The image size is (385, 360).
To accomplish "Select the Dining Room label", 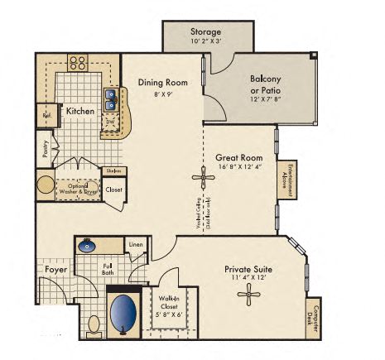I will [x=161, y=83].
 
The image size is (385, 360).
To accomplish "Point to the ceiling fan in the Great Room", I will [x=204, y=178].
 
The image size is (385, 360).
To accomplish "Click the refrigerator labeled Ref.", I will [x=47, y=117].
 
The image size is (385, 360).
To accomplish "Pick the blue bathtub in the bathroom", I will [x=123, y=313].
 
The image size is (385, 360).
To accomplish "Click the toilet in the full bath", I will [x=94, y=323].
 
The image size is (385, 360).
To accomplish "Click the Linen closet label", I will [x=136, y=245].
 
